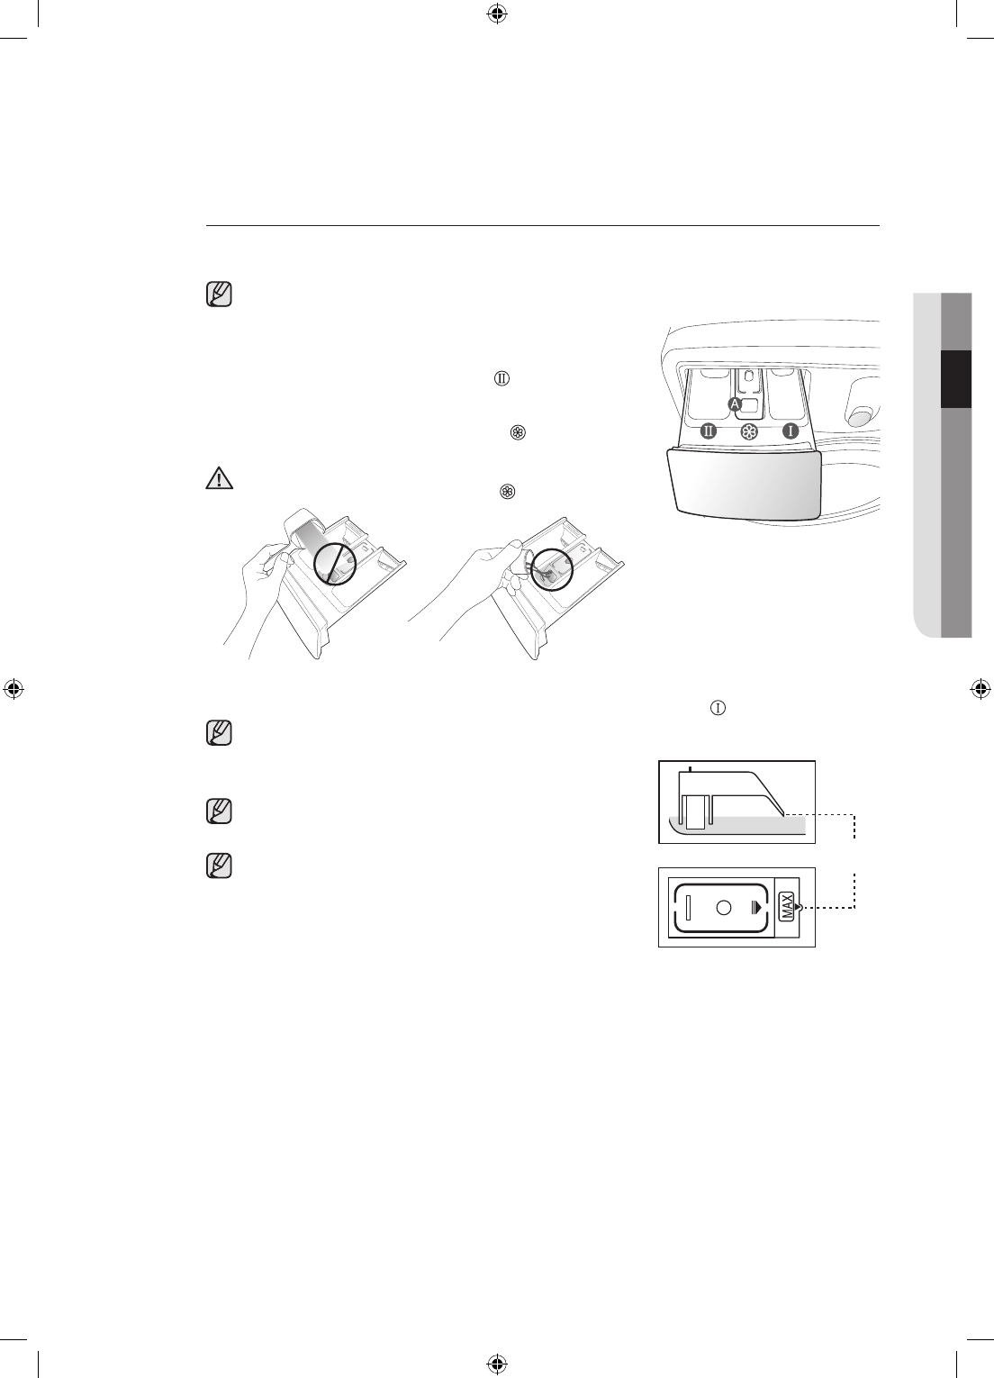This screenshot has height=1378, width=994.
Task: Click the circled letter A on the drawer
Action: click(735, 403)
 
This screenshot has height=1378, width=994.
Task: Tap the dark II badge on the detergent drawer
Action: click(709, 431)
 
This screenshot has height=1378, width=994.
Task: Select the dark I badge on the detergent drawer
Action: click(790, 431)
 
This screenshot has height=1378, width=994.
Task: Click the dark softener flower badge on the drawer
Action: click(748, 431)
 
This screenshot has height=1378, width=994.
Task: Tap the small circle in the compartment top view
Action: click(723, 908)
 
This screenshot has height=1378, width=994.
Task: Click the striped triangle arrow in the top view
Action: click(756, 908)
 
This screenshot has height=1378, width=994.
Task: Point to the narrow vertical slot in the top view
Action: click(687, 908)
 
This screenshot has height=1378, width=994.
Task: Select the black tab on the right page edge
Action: click(956, 379)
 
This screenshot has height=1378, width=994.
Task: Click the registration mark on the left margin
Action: click(14, 689)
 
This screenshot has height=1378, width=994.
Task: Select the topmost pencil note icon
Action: click(219, 295)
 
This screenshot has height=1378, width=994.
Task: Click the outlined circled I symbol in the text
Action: click(718, 709)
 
